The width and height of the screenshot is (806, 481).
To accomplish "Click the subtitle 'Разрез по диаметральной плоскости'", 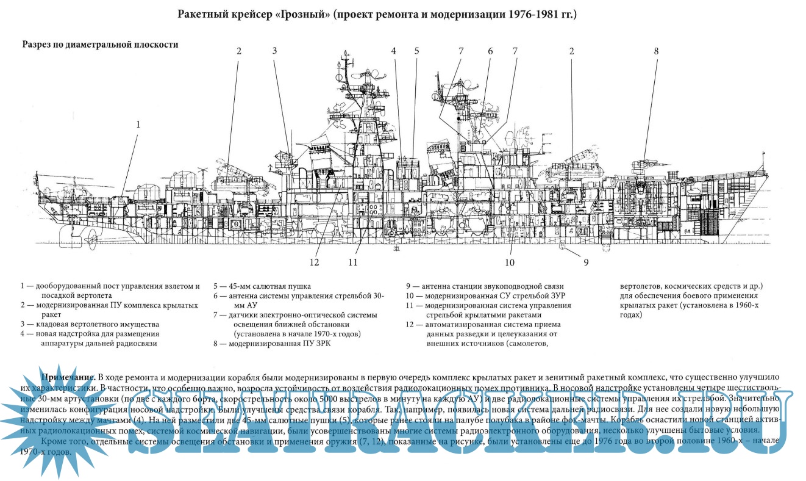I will click(100, 45).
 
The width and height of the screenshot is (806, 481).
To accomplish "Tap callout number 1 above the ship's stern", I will click(138, 124).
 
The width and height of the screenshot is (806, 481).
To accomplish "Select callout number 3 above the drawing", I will click(275, 51).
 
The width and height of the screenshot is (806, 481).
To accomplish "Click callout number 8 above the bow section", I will click(657, 51).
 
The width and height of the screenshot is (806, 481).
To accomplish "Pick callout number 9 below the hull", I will click(585, 263).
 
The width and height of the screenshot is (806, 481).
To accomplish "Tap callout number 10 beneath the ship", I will click(509, 263).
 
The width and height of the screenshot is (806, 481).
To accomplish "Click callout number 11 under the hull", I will click(352, 263).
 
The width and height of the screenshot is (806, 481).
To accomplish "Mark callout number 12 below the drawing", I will click(314, 263).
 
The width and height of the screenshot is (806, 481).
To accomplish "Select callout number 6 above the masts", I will click(490, 51).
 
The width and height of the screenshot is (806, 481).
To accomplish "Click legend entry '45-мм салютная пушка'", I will click(262, 286).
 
